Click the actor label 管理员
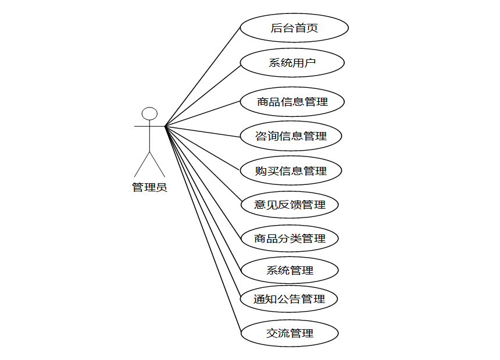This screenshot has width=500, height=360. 149,187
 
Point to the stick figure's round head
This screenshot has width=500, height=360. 150,113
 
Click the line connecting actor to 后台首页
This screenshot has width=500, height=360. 203,76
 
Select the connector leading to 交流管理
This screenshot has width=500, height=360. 203,229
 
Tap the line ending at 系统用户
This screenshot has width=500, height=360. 203,94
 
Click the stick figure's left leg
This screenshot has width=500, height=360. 142,165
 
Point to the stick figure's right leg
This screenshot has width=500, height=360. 158,165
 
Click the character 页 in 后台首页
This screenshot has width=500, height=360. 312,28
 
